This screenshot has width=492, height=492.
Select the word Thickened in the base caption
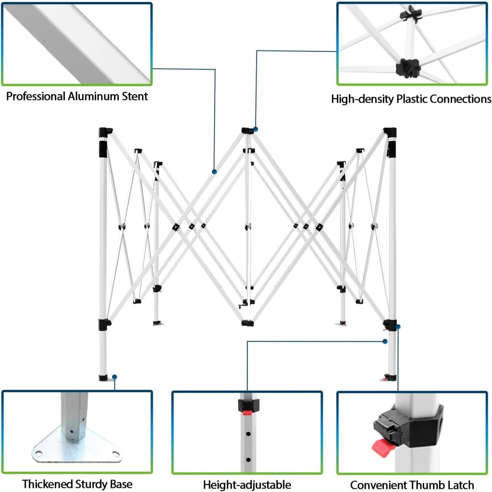tap(47, 484)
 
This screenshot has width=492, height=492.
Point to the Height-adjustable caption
tap(247, 484)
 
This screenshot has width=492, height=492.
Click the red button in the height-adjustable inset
tap(247, 411)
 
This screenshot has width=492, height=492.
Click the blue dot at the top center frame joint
tap(257, 129)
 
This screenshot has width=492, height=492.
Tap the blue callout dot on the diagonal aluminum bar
tap(214, 172)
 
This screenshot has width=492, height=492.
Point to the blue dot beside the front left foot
tap(115, 377)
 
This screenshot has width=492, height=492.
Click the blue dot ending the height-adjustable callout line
tap(385, 341)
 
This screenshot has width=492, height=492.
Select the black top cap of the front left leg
tap(105, 131)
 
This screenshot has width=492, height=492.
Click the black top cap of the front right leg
tap(390, 131)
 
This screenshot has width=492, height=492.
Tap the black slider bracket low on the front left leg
tap(105, 323)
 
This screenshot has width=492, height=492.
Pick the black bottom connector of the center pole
tap(247, 323)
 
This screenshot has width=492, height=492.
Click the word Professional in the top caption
tap(36, 97)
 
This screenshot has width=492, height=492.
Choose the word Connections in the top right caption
tap(461, 99)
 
